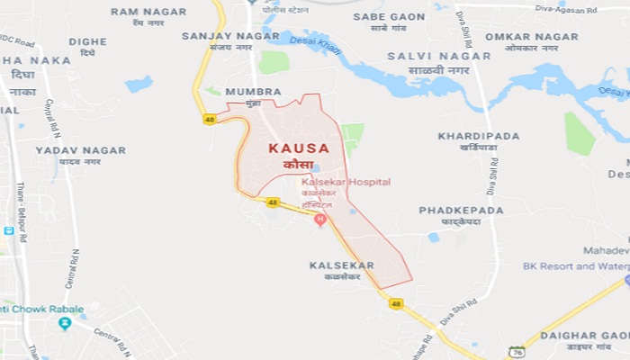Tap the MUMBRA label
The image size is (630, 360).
pyautogui.click(x=247, y=92)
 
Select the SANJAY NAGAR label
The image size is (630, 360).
pyautogui.click(x=219, y=36)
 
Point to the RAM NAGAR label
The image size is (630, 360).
pyautogui.click(x=148, y=12)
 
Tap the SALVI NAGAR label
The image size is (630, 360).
pyautogui.click(x=439, y=56)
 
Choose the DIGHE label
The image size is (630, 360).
pyautogui.click(x=87, y=41)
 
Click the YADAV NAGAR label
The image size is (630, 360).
pyautogui.click(x=80, y=150)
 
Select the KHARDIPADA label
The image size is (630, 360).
pyautogui.click(x=478, y=136)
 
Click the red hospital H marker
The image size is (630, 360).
pyautogui.click(x=319, y=220)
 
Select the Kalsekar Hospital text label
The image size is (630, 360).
pyautogui.click(x=346, y=182)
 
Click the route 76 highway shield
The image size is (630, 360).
pyautogui.click(x=517, y=351)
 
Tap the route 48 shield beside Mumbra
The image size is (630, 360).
pyautogui.click(x=209, y=119)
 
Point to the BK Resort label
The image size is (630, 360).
pyautogui.click(x=576, y=265)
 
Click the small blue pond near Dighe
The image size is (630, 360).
pyautogui.click(x=139, y=85)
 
